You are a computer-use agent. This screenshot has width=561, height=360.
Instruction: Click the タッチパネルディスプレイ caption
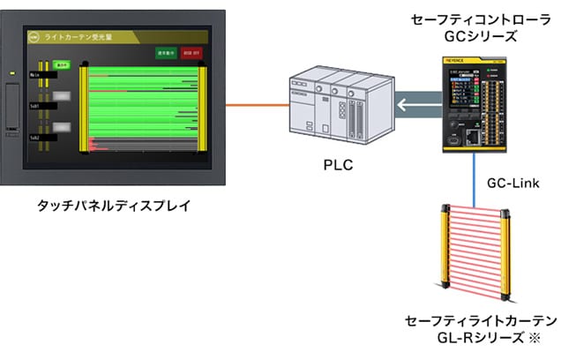point(113,206)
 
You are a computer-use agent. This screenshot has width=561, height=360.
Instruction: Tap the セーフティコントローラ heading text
point(478,19)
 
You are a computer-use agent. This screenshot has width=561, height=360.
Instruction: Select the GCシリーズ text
point(478,37)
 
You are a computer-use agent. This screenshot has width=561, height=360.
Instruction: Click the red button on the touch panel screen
point(192,52)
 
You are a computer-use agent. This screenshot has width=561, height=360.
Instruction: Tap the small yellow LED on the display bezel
point(11,72)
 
